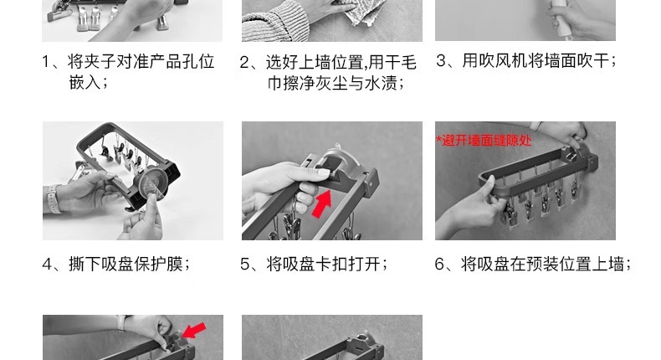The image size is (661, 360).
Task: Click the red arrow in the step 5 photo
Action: tap(321, 203)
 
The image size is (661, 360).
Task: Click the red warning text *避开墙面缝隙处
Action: tap(484, 141)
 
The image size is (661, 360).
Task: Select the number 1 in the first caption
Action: tap(46, 62)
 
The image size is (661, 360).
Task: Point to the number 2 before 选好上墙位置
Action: tap(245, 63)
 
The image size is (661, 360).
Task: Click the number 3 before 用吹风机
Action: tap(441, 61)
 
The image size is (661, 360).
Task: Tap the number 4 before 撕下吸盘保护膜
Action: tap(47, 265)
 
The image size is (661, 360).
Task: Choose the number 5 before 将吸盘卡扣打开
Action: tap(245, 265)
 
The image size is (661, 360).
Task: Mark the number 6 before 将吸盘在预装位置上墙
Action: tap(439, 265)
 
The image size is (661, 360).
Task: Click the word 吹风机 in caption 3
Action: tap(503, 61)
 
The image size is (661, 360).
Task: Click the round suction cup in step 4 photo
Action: tap(151, 184)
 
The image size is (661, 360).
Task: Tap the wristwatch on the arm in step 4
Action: tap(53, 198)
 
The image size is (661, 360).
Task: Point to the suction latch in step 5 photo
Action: tap(337, 160)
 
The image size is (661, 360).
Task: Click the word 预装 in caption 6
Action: tap(543, 265)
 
